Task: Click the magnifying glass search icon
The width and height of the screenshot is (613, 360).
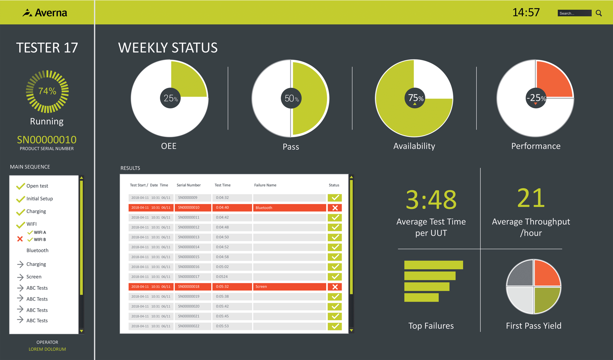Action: (599, 13)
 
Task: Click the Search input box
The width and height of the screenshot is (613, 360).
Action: (574, 13)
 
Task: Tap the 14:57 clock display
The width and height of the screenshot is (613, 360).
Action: (526, 12)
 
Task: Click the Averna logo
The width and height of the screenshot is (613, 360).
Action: (45, 13)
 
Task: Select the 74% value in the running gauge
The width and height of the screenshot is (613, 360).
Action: (47, 91)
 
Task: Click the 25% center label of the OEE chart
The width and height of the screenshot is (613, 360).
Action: (170, 98)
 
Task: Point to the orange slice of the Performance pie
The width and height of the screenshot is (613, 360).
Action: (552, 80)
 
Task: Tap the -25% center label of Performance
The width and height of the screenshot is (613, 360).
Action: (536, 98)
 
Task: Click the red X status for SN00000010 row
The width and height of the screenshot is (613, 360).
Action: (335, 208)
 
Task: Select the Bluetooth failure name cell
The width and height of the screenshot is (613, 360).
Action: (289, 208)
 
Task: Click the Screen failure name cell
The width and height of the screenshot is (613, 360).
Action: (289, 287)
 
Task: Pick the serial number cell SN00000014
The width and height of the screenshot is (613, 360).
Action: (193, 247)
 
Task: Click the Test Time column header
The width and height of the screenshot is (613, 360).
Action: (222, 185)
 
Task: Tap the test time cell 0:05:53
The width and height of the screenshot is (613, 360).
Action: (232, 326)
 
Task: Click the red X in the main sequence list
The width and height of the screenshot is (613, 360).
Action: (20, 239)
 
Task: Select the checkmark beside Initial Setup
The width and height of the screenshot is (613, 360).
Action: (20, 199)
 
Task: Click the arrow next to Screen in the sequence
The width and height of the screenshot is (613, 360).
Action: (20, 277)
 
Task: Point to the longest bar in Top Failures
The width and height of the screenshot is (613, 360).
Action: (433, 265)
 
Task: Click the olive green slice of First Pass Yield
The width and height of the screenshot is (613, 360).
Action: (547, 299)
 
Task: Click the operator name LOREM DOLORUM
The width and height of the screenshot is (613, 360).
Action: (47, 349)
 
